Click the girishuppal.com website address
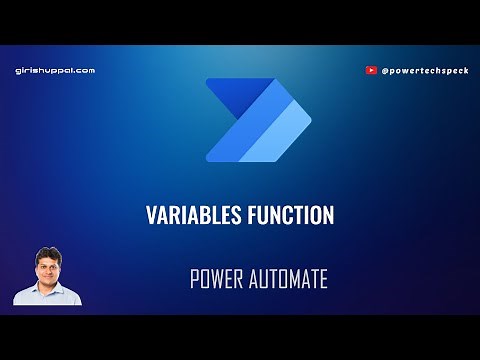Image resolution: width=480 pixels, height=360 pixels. point(55,71)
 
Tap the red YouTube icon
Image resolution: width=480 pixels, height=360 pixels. point(372,71)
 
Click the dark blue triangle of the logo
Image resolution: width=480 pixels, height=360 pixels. point(229,95)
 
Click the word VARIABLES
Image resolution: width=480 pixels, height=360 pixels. point(187,215)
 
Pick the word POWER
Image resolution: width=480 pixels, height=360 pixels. point(215,279)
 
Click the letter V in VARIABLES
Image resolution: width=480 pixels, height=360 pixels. point(151,215)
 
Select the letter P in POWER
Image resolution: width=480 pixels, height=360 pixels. point(194,279)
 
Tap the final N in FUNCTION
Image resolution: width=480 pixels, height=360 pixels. point(328,215)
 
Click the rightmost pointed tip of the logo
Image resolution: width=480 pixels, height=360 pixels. point(311,119)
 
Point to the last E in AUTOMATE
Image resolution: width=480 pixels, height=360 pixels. point(323,279)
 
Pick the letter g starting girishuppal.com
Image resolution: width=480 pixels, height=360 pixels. point(19,72)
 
